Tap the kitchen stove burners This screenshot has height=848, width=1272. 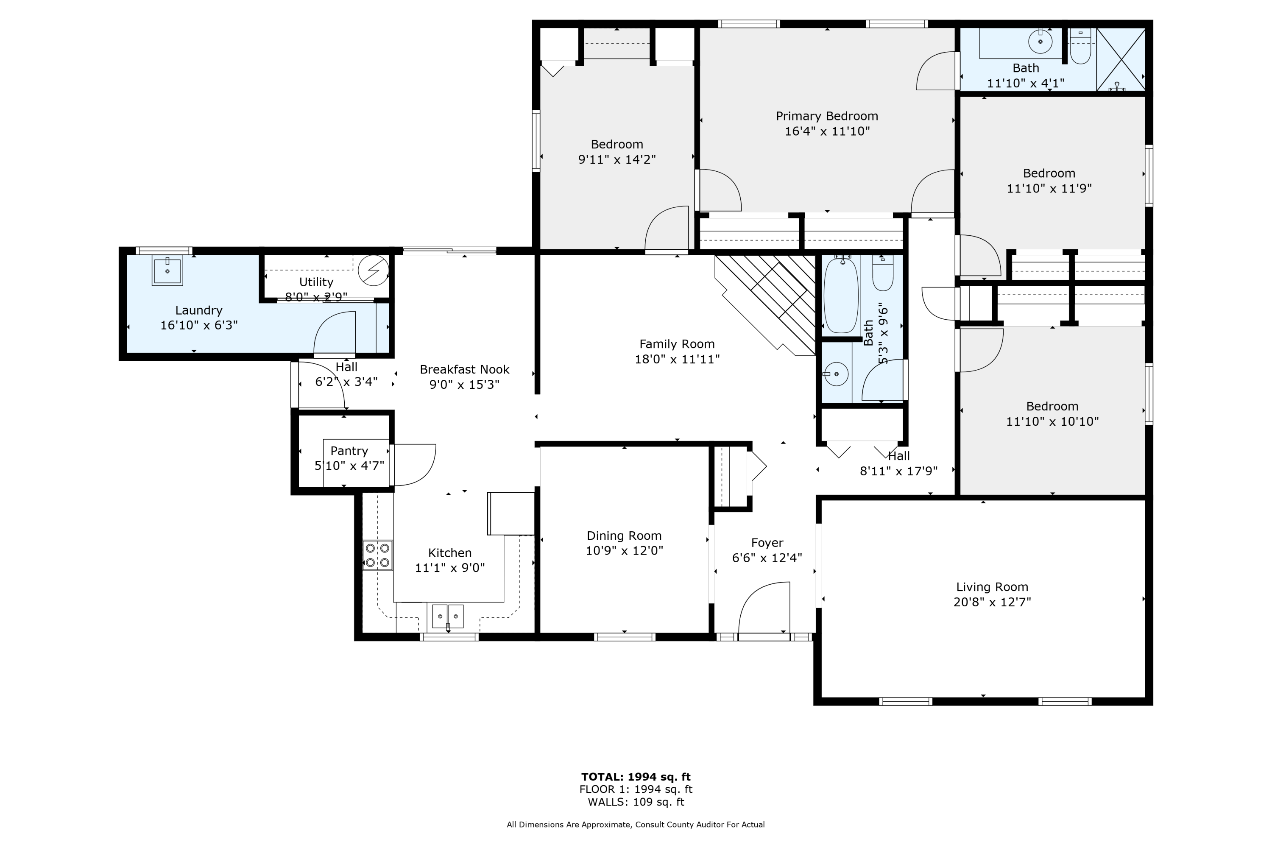[x=377, y=555]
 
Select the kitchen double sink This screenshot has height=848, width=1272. [x=448, y=616]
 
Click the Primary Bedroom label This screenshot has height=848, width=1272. [x=826, y=116]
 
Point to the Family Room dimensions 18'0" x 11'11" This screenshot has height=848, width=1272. [x=677, y=359]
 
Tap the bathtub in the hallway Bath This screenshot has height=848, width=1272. [x=840, y=296]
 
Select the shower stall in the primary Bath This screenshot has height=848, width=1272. [x=1120, y=59]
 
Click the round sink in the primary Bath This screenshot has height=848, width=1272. [x=1040, y=42]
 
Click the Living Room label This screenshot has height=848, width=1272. [x=991, y=587]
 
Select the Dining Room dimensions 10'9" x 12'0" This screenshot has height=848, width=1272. [x=624, y=550]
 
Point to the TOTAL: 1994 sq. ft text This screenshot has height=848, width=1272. [x=636, y=777]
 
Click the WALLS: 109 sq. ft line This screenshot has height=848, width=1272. [x=636, y=802]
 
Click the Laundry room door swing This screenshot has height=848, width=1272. [x=335, y=332]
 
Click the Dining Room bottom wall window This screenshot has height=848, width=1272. [x=625, y=637]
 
